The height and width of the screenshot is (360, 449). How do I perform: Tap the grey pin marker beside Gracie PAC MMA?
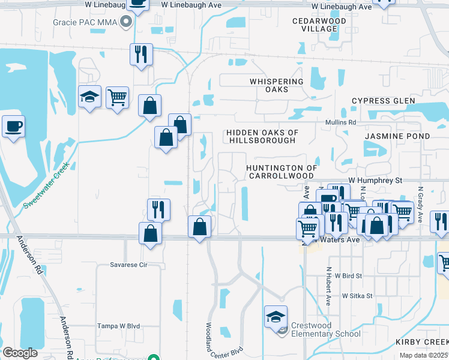(126, 23)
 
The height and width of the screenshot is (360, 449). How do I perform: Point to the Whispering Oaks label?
(277, 85)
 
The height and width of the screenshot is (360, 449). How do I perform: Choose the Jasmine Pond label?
(397, 136)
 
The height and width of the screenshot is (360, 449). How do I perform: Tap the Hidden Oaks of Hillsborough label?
(262, 136)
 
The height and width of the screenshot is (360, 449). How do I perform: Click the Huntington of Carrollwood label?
(281, 172)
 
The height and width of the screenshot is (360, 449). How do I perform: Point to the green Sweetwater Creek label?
(47, 185)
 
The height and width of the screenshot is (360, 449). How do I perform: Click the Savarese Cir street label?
(128, 264)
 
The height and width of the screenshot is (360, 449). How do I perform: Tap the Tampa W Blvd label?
(118, 326)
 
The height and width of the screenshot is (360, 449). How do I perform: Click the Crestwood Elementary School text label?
(325, 329)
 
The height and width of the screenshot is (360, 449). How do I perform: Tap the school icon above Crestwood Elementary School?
(276, 316)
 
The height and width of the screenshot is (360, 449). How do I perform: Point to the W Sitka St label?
(358, 296)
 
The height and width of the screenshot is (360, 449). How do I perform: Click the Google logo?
(20, 353)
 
